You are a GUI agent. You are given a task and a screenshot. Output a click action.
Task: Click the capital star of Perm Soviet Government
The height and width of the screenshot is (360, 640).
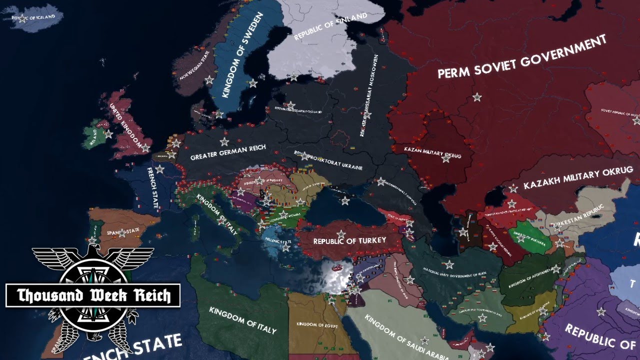tap(477, 96)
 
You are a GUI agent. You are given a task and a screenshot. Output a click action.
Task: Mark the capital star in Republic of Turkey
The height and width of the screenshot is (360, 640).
tap(341, 233)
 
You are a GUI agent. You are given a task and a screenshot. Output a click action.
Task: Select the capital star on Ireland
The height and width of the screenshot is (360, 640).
tap(108, 134)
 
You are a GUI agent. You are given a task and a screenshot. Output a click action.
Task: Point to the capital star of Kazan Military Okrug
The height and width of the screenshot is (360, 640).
tap(446, 158)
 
